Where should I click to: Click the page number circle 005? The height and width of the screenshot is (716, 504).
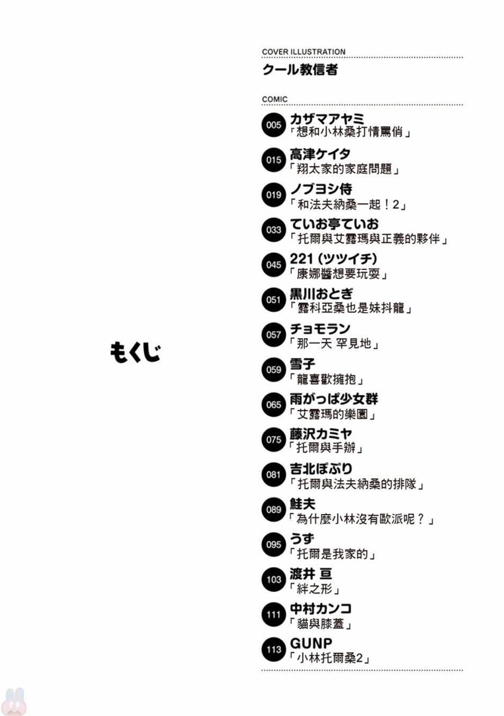[x=273, y=124]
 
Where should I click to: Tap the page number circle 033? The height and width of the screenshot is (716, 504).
[x=273, y=230]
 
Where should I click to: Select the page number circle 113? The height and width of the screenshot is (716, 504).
[x=273, y=649]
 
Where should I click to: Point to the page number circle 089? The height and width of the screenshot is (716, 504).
[x=273, y=509]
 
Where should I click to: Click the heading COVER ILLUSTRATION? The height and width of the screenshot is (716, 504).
[x=303, y=52]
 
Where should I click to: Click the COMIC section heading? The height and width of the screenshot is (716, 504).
[x=275, y=100]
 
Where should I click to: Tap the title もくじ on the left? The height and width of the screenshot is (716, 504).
[x=135, y=353]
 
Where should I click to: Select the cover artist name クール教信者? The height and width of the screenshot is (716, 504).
[x=300, y=70]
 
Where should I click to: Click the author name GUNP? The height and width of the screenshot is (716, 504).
[x=311, y=643]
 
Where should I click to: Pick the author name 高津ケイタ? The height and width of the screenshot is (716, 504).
[x=320, y=154]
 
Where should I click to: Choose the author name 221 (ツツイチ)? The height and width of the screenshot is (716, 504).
[x=334, y=259]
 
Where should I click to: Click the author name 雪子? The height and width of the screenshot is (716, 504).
[x=302, y=364]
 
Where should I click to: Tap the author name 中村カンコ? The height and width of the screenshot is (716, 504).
[x=320, y=608]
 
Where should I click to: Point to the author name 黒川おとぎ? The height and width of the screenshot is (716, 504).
[x=321, y=294]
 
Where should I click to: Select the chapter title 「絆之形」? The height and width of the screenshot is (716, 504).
[x=314, y=588]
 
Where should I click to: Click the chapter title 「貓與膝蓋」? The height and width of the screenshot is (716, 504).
[x=320, y=624]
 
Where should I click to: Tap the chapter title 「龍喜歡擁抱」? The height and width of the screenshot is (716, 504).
[x=326, y=379]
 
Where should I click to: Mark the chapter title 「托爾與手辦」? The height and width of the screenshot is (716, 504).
[x=326, y=448]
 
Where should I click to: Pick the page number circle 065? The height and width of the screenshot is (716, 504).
[x=273, y=405]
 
